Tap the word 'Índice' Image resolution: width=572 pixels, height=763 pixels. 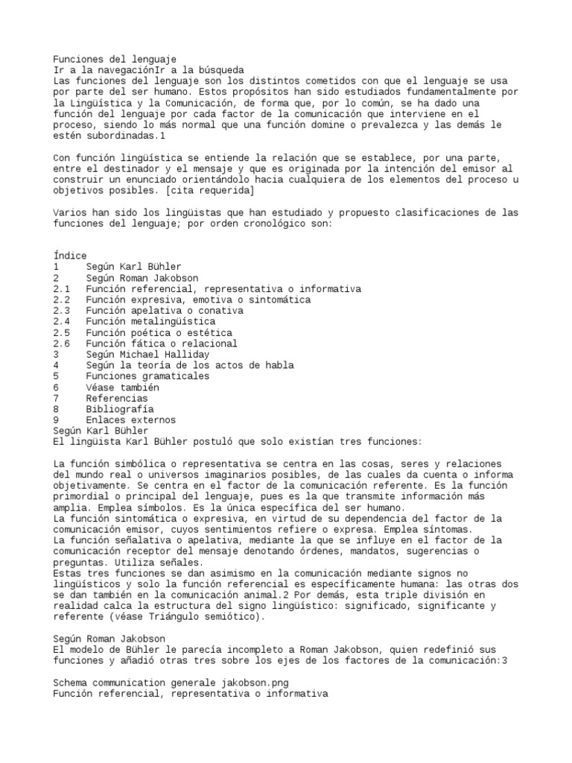[70, 256]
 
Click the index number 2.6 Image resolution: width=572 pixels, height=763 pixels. [62, 343]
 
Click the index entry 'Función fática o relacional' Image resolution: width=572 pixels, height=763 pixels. [161, 343]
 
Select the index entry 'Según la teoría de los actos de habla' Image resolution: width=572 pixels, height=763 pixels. [189, 365]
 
